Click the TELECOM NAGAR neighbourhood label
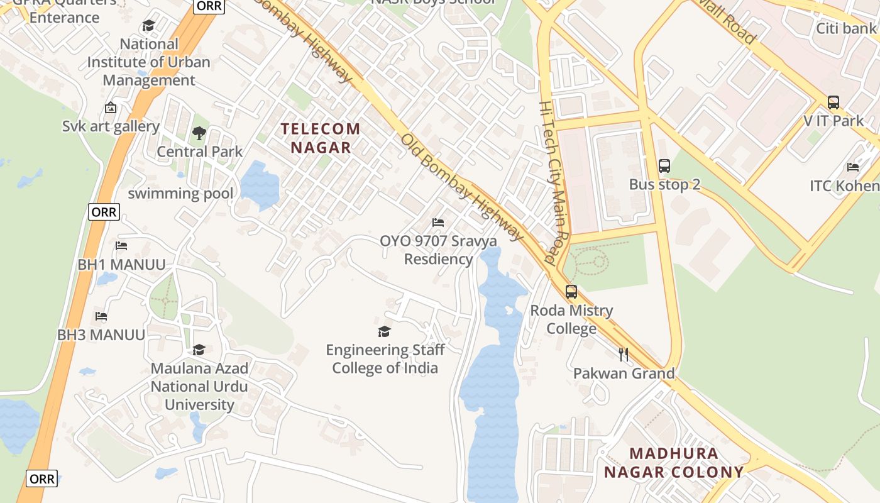(321, 138)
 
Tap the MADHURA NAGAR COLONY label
(674, 463)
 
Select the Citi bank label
(845, 28)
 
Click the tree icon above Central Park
(199, 133)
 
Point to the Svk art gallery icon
(111, 108)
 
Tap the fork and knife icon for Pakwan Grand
(623, 355)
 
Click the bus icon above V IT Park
(833, 102)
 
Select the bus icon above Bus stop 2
(664, 166)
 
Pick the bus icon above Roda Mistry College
(571, 292)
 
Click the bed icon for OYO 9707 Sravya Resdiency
(438, 223)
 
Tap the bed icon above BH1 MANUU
(121, 246)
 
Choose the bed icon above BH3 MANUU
(101, 316)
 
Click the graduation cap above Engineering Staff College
(384, 331)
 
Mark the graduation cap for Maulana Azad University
(199, 350)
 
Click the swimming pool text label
(180, 194)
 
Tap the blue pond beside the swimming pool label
(260, 185)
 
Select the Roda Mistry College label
(571, 319)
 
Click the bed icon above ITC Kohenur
(853, 167)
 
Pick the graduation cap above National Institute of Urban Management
(148, 26)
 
